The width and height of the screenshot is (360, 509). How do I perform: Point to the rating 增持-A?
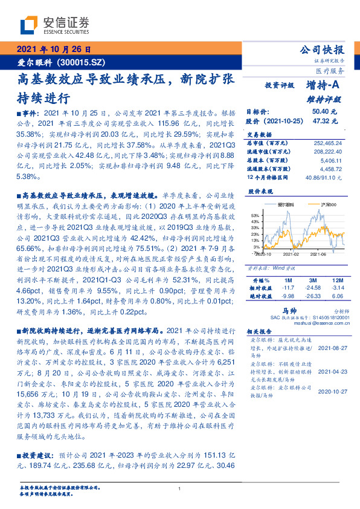point(323,85)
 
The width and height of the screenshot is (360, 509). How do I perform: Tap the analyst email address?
point(314,323)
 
